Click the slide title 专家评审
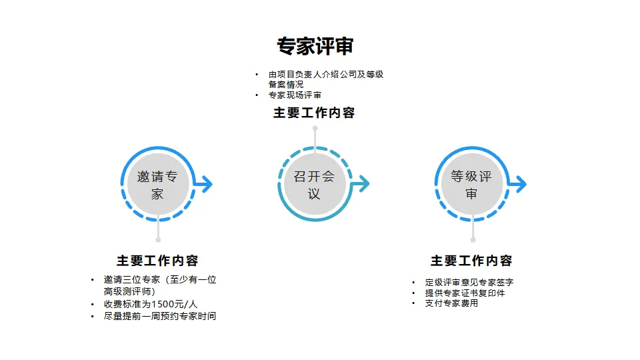click(x=315, y=46)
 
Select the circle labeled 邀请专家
click(x=157, y=185)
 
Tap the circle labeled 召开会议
click(x=314, y=185)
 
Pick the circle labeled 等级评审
click(x=471, y=185)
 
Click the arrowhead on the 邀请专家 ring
click(x=207, y=184)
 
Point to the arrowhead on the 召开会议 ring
click(x=364, y=184)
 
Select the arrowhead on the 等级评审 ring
click(x=521, y=184)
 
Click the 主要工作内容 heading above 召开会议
click(x=314, y=113)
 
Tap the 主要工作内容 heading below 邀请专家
click(x=157, y=261)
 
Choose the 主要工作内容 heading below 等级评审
click(x=471, y=261)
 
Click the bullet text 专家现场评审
click(x=295, y=95)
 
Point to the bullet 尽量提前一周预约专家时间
click(x=160, y=316)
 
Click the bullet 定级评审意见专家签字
click(x=469, y=283)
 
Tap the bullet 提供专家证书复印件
click(x=465, y=293)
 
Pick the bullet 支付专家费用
click(x=451, y=303)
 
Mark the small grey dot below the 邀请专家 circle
click(x=158, y=239)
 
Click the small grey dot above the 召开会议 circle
click(x=315, y=128)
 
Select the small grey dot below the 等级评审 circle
click(x=473, y=239)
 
